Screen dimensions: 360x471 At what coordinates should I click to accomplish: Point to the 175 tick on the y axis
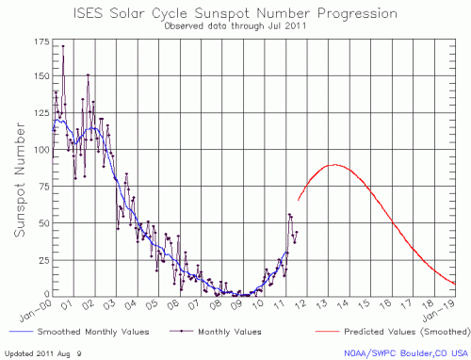tap(41, 43)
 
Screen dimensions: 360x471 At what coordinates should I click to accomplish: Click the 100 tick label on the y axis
tap(41, 151)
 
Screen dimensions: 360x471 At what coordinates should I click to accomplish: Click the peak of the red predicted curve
tap(333, 165)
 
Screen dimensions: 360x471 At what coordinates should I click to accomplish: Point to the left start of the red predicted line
tap(299, 200)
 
